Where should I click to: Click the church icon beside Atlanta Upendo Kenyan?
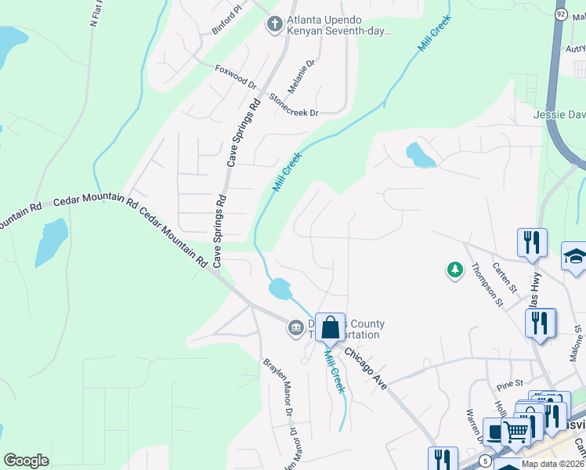click(274, 24)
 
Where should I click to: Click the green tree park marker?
click(454, 270)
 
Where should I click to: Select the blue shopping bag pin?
click(331, 327)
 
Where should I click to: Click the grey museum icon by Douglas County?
click(295, 327)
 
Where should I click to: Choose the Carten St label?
click(504, 277)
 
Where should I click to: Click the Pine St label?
click(510, 385)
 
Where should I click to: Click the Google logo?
click(26, 461)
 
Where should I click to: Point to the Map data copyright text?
click(553, 464)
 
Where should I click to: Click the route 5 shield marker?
click(486, 461)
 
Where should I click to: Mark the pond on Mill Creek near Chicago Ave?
click(280, 289)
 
